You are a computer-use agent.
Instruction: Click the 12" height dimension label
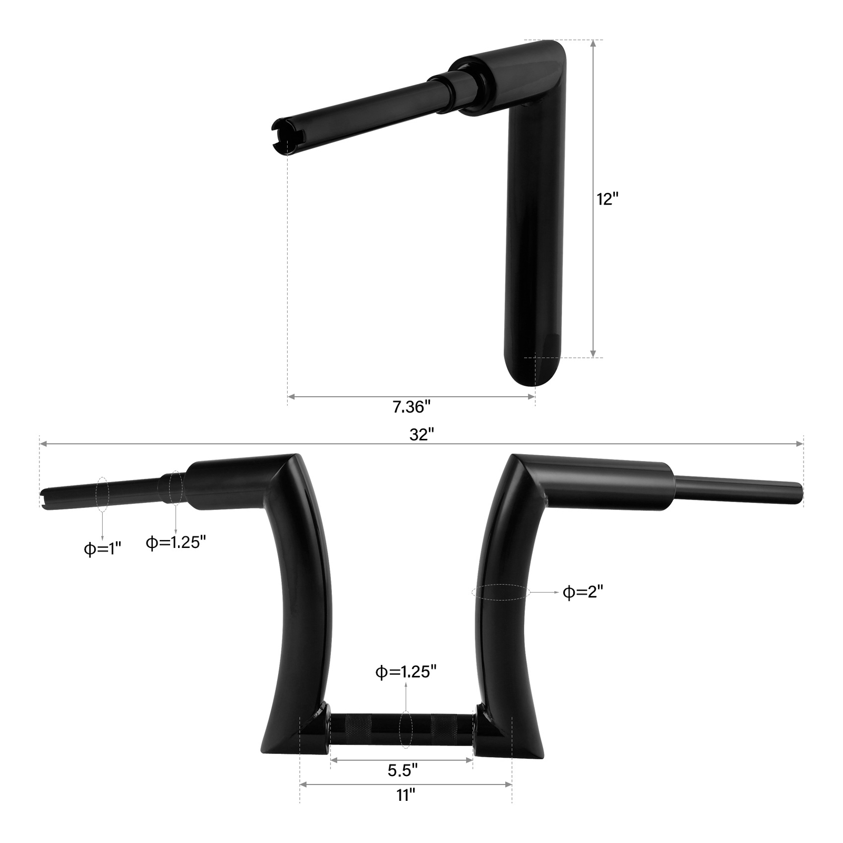(x=607, y=199)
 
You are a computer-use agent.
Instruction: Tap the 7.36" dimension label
(x=411, y=407)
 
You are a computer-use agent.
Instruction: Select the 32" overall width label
(x=421, y=434)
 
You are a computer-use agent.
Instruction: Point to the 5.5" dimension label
(x=403, y=770)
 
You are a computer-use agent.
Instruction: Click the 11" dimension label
(x=406, y=795)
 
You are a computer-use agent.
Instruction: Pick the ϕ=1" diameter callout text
(x=103, y=549)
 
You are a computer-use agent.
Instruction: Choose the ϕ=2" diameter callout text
(x=583, y=592)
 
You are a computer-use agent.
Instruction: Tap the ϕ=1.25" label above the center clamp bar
(x=406, y=672)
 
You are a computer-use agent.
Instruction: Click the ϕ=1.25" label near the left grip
(x=175, y=542)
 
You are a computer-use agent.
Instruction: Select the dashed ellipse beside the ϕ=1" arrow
(x=103, y=494)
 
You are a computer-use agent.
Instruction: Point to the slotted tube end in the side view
(x=285, y=138)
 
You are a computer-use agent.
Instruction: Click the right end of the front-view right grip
(x=800, y=493)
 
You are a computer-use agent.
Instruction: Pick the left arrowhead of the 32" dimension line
(x=43, y=444)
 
